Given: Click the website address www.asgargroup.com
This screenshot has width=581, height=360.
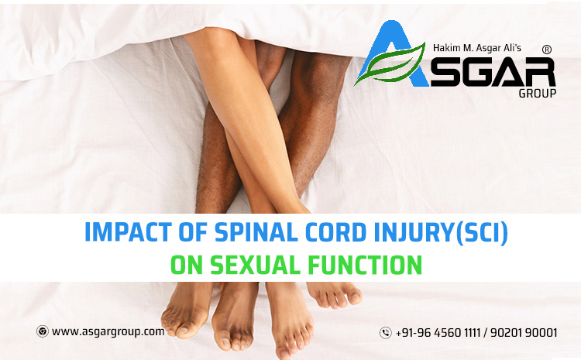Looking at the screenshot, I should click(x=108, y=331).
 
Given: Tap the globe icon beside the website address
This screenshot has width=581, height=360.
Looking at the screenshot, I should click(x=42, y=331).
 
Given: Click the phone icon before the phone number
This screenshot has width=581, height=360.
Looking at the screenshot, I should click(x=385, y=333).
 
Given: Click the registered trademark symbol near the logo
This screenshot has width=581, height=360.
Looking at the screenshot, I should click(x=547, y=49).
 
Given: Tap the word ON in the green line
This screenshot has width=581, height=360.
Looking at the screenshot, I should click(x=173, y=265).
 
